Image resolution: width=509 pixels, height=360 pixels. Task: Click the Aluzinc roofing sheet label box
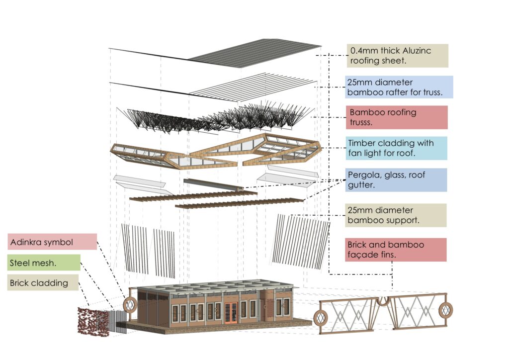click(397, 56)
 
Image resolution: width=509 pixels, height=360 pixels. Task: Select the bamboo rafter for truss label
click(399, 87)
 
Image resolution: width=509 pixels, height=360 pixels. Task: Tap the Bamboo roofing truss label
click(397, 117)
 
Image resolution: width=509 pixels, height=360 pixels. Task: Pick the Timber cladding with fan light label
click(396, 148)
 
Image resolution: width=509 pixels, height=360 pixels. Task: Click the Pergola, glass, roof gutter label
click(396, 180)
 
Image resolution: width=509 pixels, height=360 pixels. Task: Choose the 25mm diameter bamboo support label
click(396, 215)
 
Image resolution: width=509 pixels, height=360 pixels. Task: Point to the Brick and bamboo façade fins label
click(396, 250)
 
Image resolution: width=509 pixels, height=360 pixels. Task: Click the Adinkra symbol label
click(52, 242)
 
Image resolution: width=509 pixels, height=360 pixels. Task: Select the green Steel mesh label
click(44, 263)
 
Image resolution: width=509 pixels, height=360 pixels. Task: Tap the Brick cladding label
click(43, 283)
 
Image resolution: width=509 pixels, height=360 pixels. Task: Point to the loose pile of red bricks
click(93, 322)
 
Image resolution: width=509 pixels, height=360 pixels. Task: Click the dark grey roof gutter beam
click(213, 184)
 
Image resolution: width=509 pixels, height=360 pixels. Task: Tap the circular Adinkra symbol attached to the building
click(130, 304)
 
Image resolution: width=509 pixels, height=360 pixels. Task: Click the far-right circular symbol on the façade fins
click(446, 310)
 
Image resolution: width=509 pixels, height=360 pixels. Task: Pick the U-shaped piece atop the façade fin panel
click(383, 301)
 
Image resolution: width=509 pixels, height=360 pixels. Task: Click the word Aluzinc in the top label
click(417, 51)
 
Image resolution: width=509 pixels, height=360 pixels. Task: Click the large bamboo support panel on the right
click(301, 242)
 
